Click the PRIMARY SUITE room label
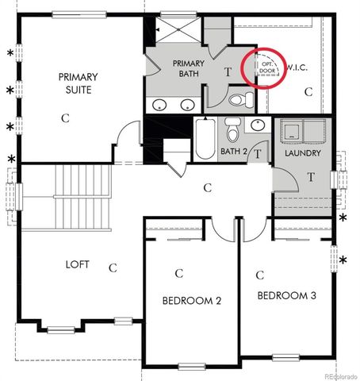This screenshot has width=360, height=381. (x=78, y=83)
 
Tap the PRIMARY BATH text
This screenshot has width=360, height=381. (x=188, y=69)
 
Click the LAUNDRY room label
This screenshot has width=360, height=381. (x=303, y=153)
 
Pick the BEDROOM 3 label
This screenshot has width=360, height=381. (x=286, y=295)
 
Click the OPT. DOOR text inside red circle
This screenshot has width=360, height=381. (x=269, y=66)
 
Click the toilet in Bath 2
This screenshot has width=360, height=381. (x=232, y=129)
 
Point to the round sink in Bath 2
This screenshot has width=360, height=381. (x=259, y=125)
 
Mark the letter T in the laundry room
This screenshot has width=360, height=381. (x=312, y=176)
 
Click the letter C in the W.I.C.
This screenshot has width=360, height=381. (x=308, y=93)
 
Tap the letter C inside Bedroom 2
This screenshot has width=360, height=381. (x=179, y=274)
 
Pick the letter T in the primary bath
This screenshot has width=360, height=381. (x=228, y=71)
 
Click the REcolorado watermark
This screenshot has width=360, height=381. (x=335, y=375)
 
